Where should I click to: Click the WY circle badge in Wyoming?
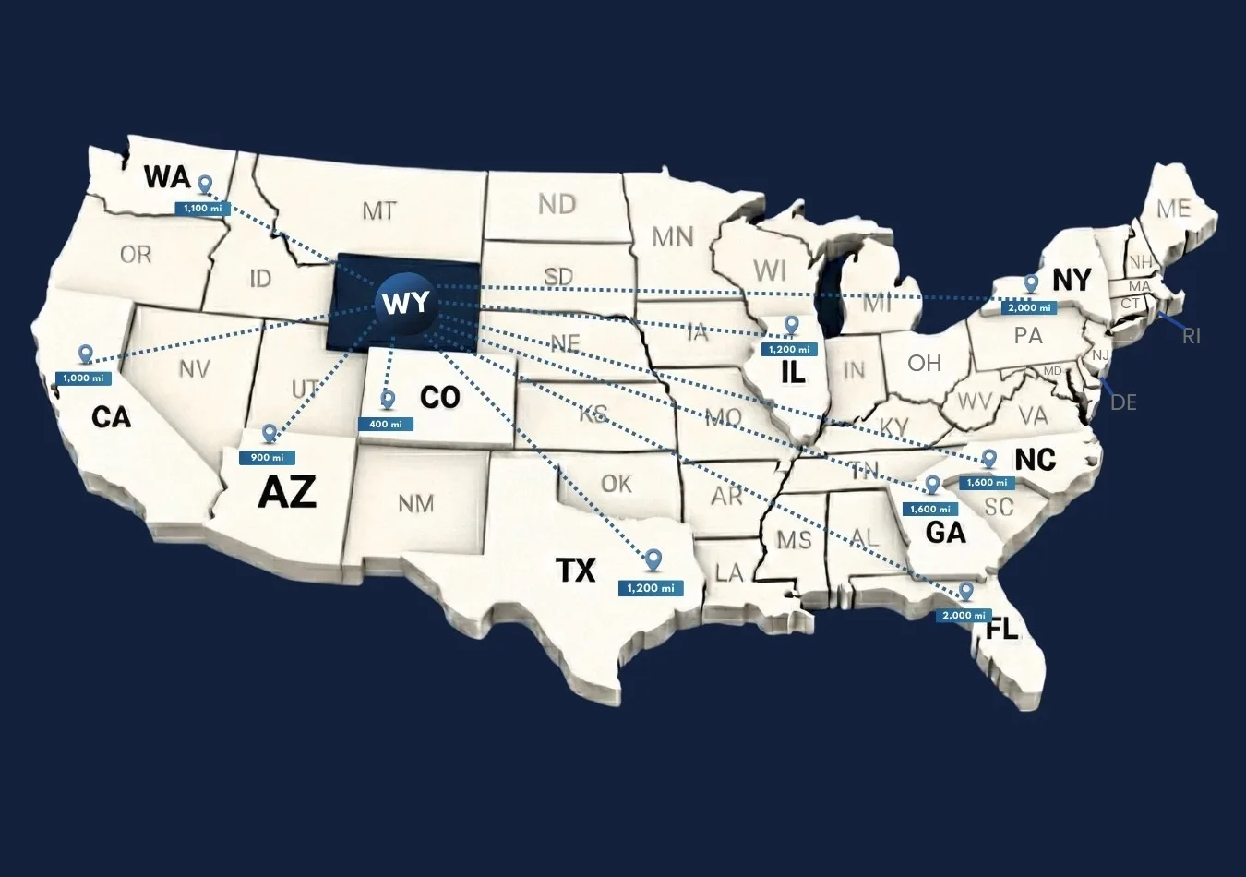tap(405, 301)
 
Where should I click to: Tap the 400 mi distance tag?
tap(386, 424)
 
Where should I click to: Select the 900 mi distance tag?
tap(267, 457)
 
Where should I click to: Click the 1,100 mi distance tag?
tap(202, 208)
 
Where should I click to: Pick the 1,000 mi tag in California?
tap(83, 378)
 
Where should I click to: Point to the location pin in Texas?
tap(653, 559)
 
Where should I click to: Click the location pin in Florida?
tap(966, 591)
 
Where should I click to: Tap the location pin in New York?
tap(1031, 283)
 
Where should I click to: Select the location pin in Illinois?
tap(791, 325)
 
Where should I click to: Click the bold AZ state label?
tap(287, 491)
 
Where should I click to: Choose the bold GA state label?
tap(945, 532)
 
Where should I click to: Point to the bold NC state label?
tap(1035, 459)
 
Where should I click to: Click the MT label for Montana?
tap(378, 210)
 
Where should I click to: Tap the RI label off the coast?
tap(1192, 336)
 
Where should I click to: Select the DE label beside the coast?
tap(1123, 402)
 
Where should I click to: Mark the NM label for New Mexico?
tap(415, 503)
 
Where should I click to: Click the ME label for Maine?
tap(1173, 209)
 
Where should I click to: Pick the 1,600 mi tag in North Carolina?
tap(987, 482)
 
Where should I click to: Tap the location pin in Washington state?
tap(205, 185)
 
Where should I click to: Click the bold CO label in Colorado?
tap(439, 397)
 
